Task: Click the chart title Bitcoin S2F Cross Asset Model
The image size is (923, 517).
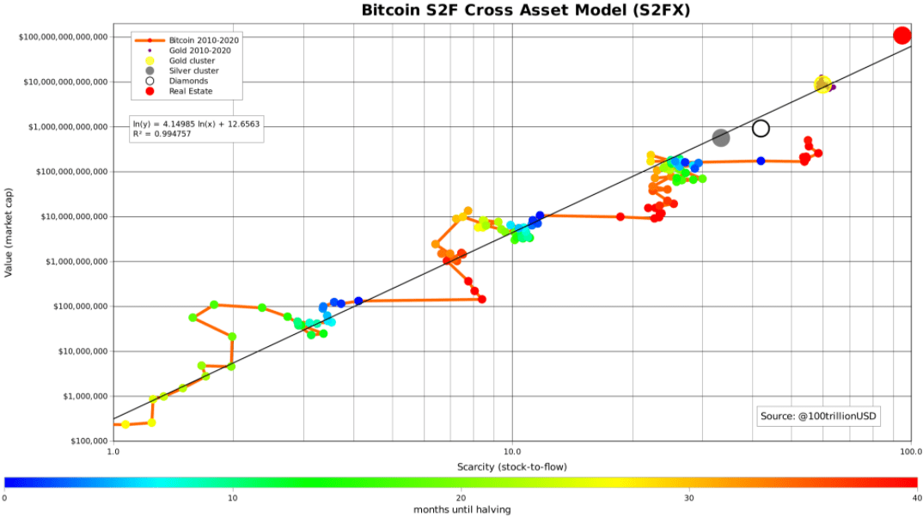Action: coord(513,11)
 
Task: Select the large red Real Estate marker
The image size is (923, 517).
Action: coord(902,35)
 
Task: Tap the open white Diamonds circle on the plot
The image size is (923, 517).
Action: coord(761,128)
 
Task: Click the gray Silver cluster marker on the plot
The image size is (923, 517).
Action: coord(721,137)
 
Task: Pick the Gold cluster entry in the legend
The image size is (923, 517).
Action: coord(192,61)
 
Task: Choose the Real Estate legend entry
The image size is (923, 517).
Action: coord(191,91)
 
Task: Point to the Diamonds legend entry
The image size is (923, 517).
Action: coord(188,81)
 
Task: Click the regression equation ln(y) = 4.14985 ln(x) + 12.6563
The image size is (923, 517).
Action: coord(197,124)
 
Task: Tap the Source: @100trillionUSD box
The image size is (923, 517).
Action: coord(821,416)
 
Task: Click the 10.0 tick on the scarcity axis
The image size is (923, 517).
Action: coord(512,451)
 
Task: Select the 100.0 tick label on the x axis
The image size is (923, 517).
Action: coord(910,451)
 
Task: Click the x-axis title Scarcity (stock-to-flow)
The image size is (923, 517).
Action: coord(512,466)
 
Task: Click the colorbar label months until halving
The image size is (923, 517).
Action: coord(461,509)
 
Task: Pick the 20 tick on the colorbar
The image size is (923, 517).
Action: coord(461,497)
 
